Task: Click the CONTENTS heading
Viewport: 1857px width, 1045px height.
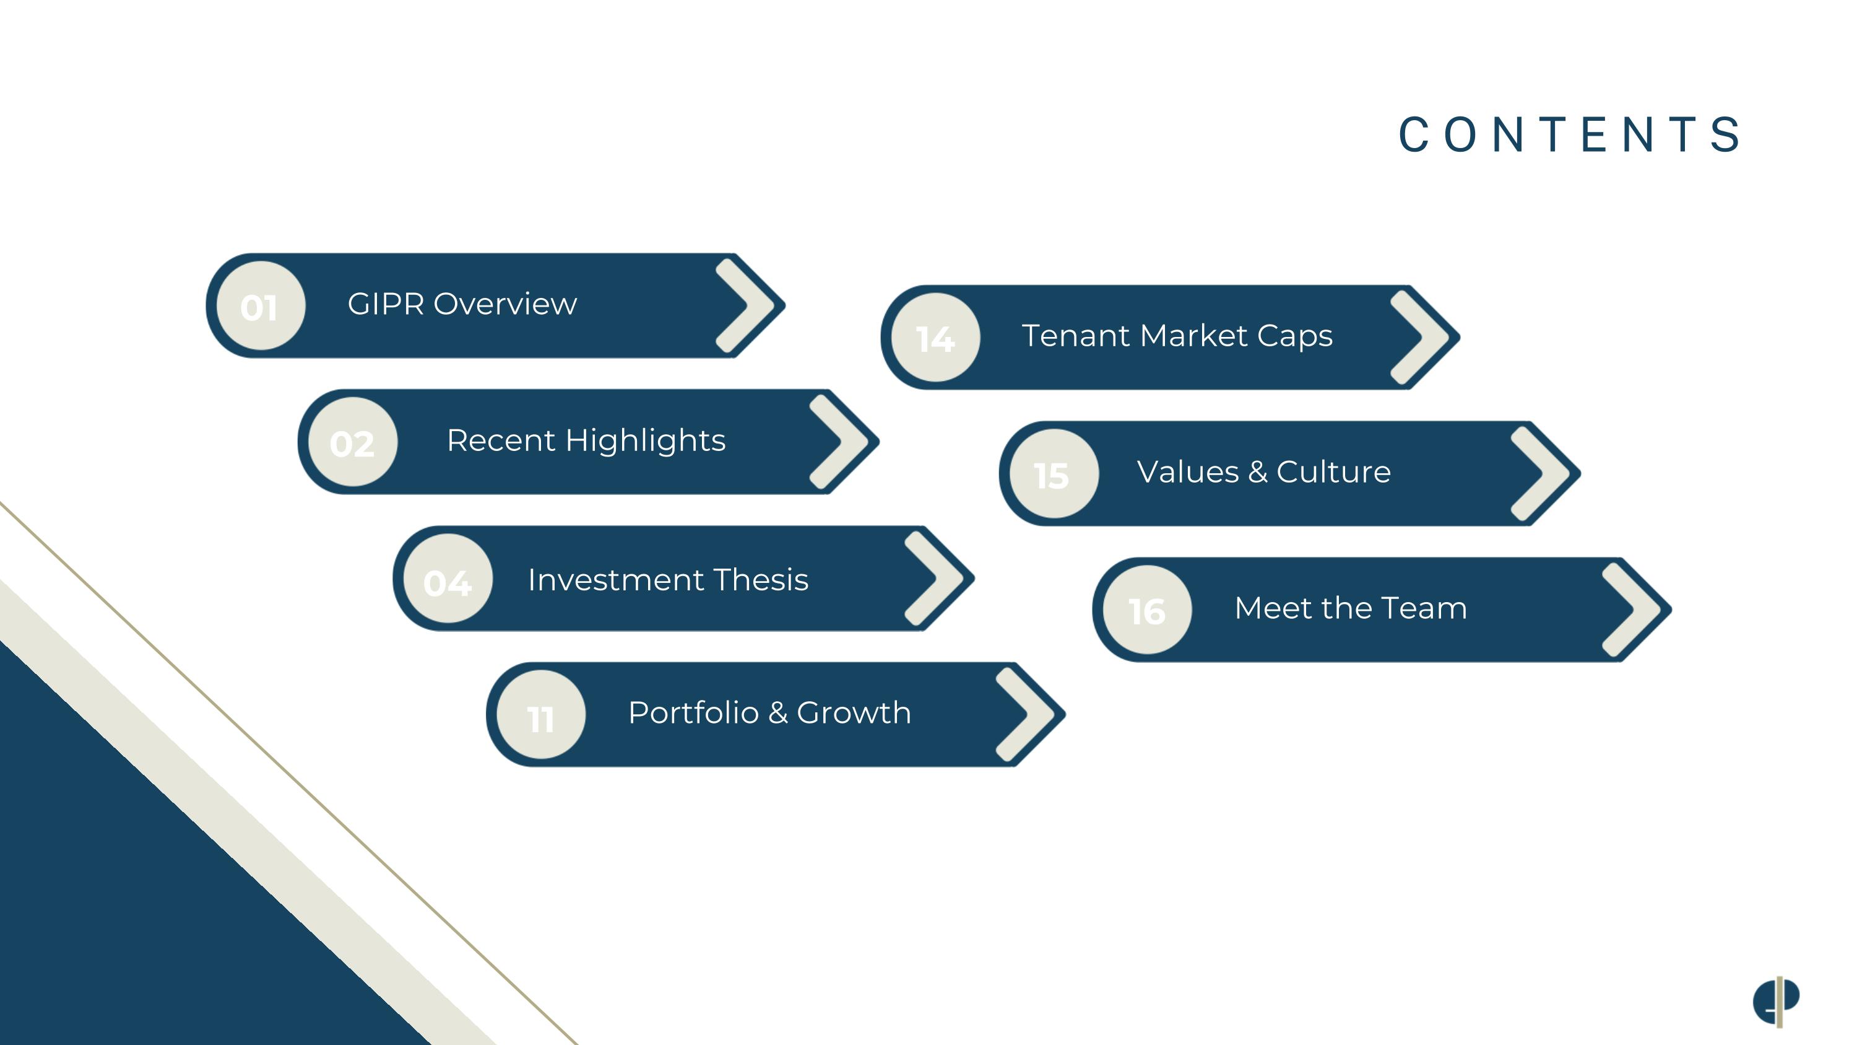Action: pos(1570,135)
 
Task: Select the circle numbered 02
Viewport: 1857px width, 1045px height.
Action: pos(352,442)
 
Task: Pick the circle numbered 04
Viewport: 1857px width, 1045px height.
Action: pos(448,579)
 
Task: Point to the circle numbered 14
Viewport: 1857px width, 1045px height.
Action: pos(936,338)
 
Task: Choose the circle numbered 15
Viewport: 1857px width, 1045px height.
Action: pos(1054,474)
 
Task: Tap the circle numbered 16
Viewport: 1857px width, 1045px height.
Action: pos(1147,610)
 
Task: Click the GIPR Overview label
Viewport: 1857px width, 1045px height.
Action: pos(462,304)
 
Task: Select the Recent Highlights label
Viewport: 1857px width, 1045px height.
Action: pos(586,440)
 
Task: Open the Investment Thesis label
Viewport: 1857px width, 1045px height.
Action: pos(669,580)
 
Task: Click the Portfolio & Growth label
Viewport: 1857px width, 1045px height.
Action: pos(769,712)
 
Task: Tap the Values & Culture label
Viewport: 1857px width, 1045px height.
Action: pos(1264,471)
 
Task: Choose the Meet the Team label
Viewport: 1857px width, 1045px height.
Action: pos(1350,608)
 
